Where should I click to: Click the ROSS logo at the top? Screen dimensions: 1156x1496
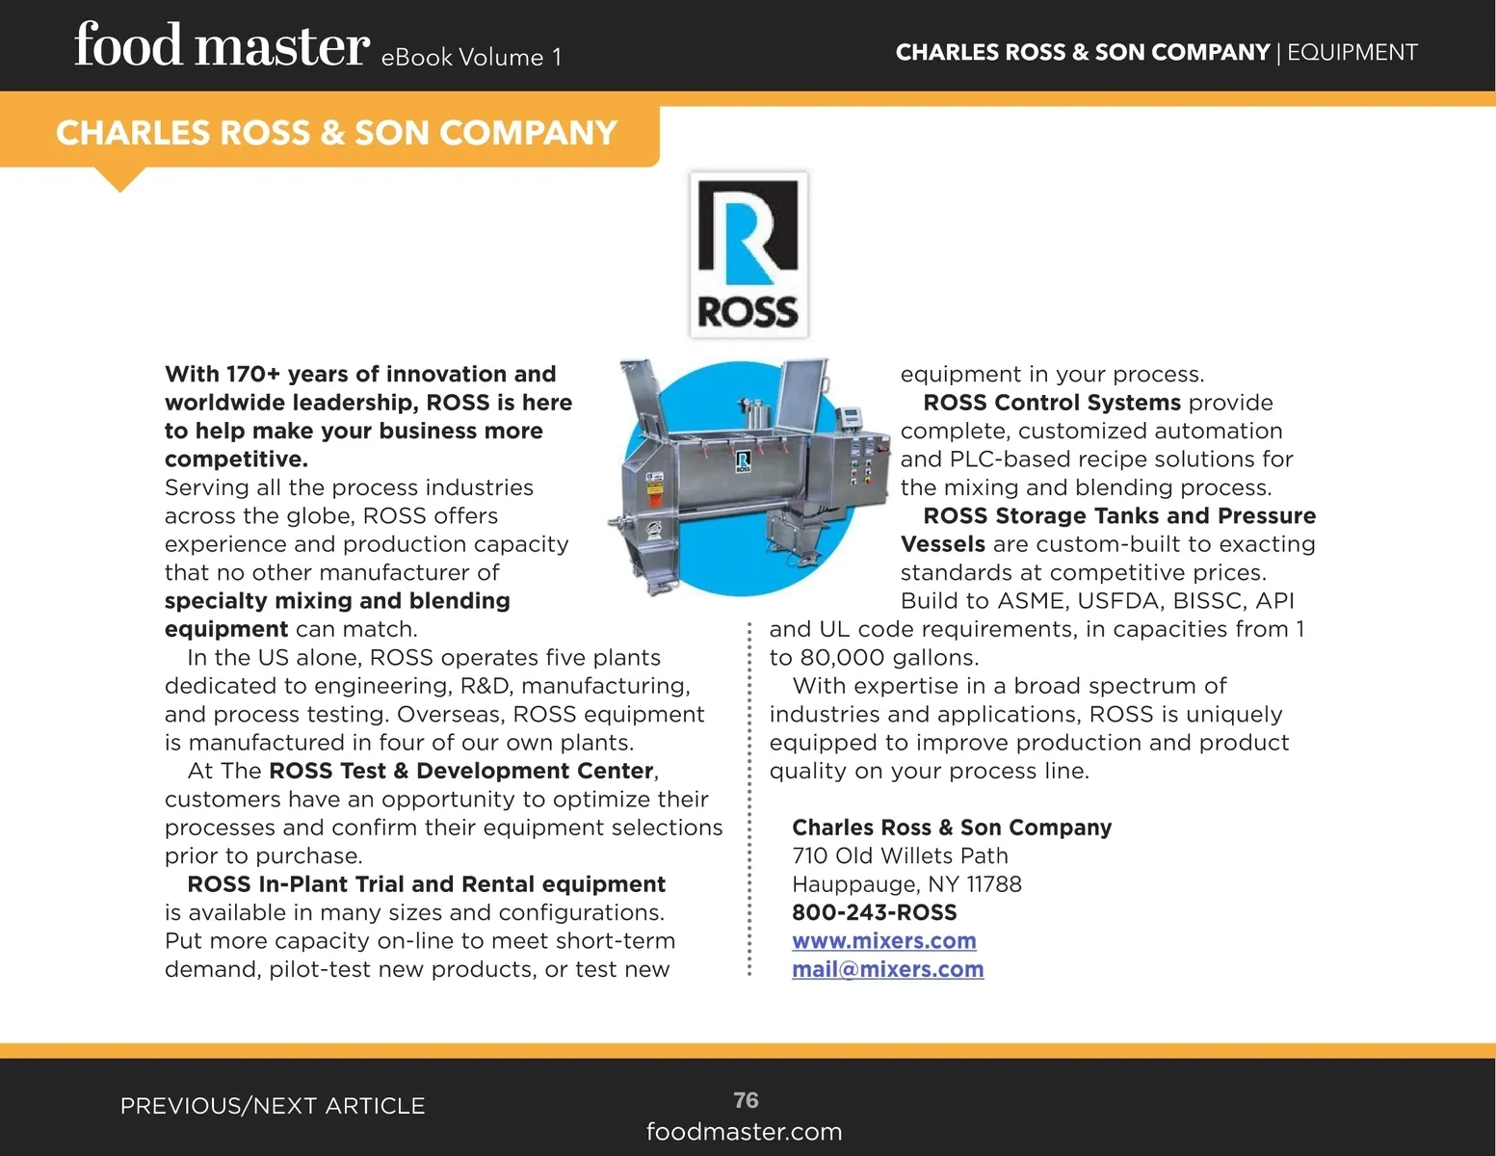(x=748, y=254)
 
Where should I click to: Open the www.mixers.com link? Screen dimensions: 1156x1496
(x=883, y=941)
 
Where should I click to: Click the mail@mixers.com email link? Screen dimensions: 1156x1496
(x=887, y=969)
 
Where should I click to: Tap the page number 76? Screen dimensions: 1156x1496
(x=746, y=1100)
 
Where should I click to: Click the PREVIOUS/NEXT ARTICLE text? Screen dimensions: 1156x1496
(x=273, y=1106)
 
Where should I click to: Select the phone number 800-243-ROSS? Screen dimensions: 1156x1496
(x=874, y=912)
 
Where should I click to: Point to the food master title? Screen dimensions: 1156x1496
(x=222, y=47)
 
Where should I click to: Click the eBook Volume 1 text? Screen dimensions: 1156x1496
(x=471, y=58)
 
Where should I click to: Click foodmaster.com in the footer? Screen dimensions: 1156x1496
(x=744, y=1132)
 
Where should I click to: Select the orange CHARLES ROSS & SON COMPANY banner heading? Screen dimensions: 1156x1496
(x=336, y=133)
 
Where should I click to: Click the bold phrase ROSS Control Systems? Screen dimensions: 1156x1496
(x=1051, y=403)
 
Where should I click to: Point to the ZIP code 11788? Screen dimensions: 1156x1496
(x=994, y=884)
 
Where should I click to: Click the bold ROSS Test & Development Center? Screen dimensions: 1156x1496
(x=461, y=771)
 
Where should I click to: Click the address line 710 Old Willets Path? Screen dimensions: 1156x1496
(x=900, y=855)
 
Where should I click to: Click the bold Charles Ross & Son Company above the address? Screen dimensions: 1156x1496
(x=951, y=828)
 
